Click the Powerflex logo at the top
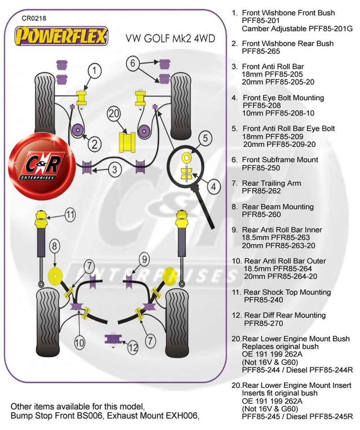click(62, 35)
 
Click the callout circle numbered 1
click(95, 70)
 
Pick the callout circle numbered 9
click(143, 258)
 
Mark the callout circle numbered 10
click(79, 344)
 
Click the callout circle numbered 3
click(115, 169)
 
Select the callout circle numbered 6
click(133, 63)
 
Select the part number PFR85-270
click(264, 323)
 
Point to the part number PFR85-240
click(264, 300)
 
